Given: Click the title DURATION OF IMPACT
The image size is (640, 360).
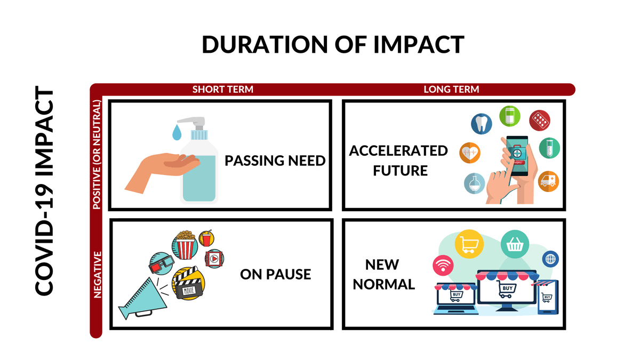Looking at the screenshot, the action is coord(333,45).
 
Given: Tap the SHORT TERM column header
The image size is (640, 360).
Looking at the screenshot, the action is coord(223,90).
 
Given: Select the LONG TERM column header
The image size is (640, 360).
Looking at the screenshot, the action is coord(451,90).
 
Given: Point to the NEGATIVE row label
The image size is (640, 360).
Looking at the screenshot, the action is coord(98,275).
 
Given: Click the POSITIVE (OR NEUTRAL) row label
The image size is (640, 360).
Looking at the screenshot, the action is coord(97,155).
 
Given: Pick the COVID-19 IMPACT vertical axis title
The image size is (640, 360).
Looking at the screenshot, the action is coord(45,191).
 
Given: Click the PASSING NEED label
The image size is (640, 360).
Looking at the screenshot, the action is coord(275,161).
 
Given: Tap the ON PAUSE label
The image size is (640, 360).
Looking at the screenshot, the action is coord(275,274).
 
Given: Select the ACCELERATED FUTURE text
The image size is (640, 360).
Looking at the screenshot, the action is coord(399,161).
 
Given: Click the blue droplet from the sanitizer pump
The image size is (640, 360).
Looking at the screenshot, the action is coord(177,132).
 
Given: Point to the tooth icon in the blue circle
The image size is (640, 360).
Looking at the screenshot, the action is coord(482,124).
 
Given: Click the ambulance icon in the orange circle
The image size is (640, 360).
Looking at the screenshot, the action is coord(548,181).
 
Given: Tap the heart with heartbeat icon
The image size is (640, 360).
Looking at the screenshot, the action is coord(470,153).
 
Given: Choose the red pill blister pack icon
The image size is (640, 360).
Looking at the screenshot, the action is coord(540,121).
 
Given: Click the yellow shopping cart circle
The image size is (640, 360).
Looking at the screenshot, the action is coord(469,244).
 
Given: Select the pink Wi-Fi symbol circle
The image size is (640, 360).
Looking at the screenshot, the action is coord(443,266).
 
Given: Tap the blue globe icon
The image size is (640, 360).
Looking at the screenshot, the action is coord(550,259).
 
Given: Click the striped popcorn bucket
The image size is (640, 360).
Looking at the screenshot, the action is coord(186,245).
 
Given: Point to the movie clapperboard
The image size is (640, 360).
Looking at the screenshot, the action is coord(188,283).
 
